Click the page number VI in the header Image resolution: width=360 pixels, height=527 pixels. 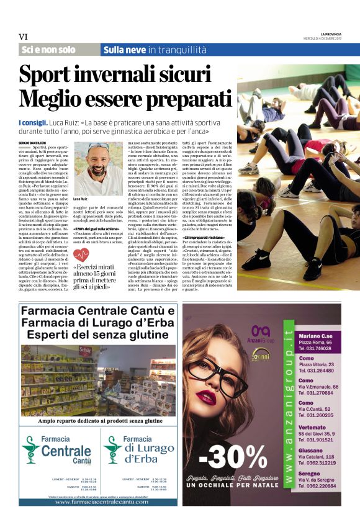point(24,37)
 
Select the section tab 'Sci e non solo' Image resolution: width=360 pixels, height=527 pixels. point(48,50)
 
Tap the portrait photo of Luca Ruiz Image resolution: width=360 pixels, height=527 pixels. point(97,168)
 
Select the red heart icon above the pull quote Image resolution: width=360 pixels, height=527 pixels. point(81,255)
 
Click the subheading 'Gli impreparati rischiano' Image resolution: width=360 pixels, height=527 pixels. point(204,237)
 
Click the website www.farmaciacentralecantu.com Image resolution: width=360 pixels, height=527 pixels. point(98,500)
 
